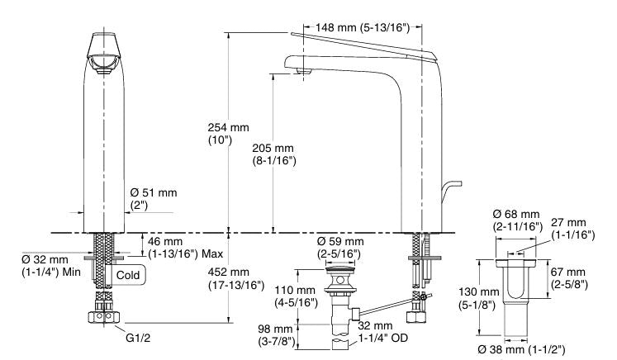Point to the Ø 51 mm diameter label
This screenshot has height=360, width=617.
pyautogui.click(x=154, y=198)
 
